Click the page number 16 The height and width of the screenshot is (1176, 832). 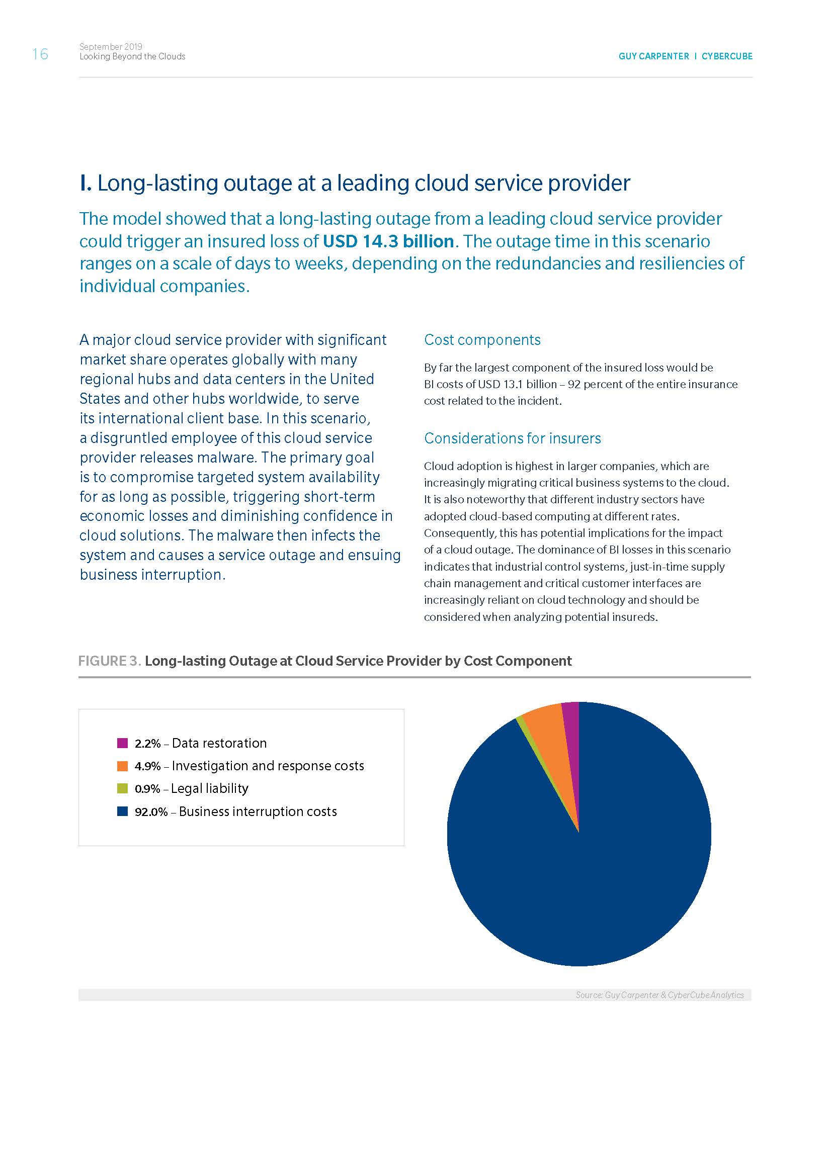tap(40, 54)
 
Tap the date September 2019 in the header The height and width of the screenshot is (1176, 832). tap(111, 46)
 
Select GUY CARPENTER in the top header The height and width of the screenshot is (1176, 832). tap(653, 56)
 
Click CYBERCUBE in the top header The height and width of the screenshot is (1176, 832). tap(726, 56)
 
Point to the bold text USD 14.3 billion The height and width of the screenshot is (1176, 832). tap(388, 241)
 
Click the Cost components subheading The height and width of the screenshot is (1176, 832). tap(482, 339)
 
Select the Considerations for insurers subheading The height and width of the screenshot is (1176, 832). tap(512, 438)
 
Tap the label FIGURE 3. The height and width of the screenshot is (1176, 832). tap(109, 661)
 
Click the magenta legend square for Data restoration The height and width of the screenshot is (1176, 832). tap(122, 743)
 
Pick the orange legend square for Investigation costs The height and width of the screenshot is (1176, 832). tap(122, 766)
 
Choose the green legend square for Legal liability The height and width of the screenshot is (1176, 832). tap(122, 788)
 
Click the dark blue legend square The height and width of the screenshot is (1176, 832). tap(122, 811)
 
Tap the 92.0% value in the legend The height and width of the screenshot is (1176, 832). tap(151, 812)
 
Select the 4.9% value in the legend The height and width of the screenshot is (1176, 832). tap(147, 766)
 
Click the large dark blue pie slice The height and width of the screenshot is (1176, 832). tap(579, 871)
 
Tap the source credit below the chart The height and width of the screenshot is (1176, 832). tap(659, 994)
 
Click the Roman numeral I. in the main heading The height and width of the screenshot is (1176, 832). tap(86, 184)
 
